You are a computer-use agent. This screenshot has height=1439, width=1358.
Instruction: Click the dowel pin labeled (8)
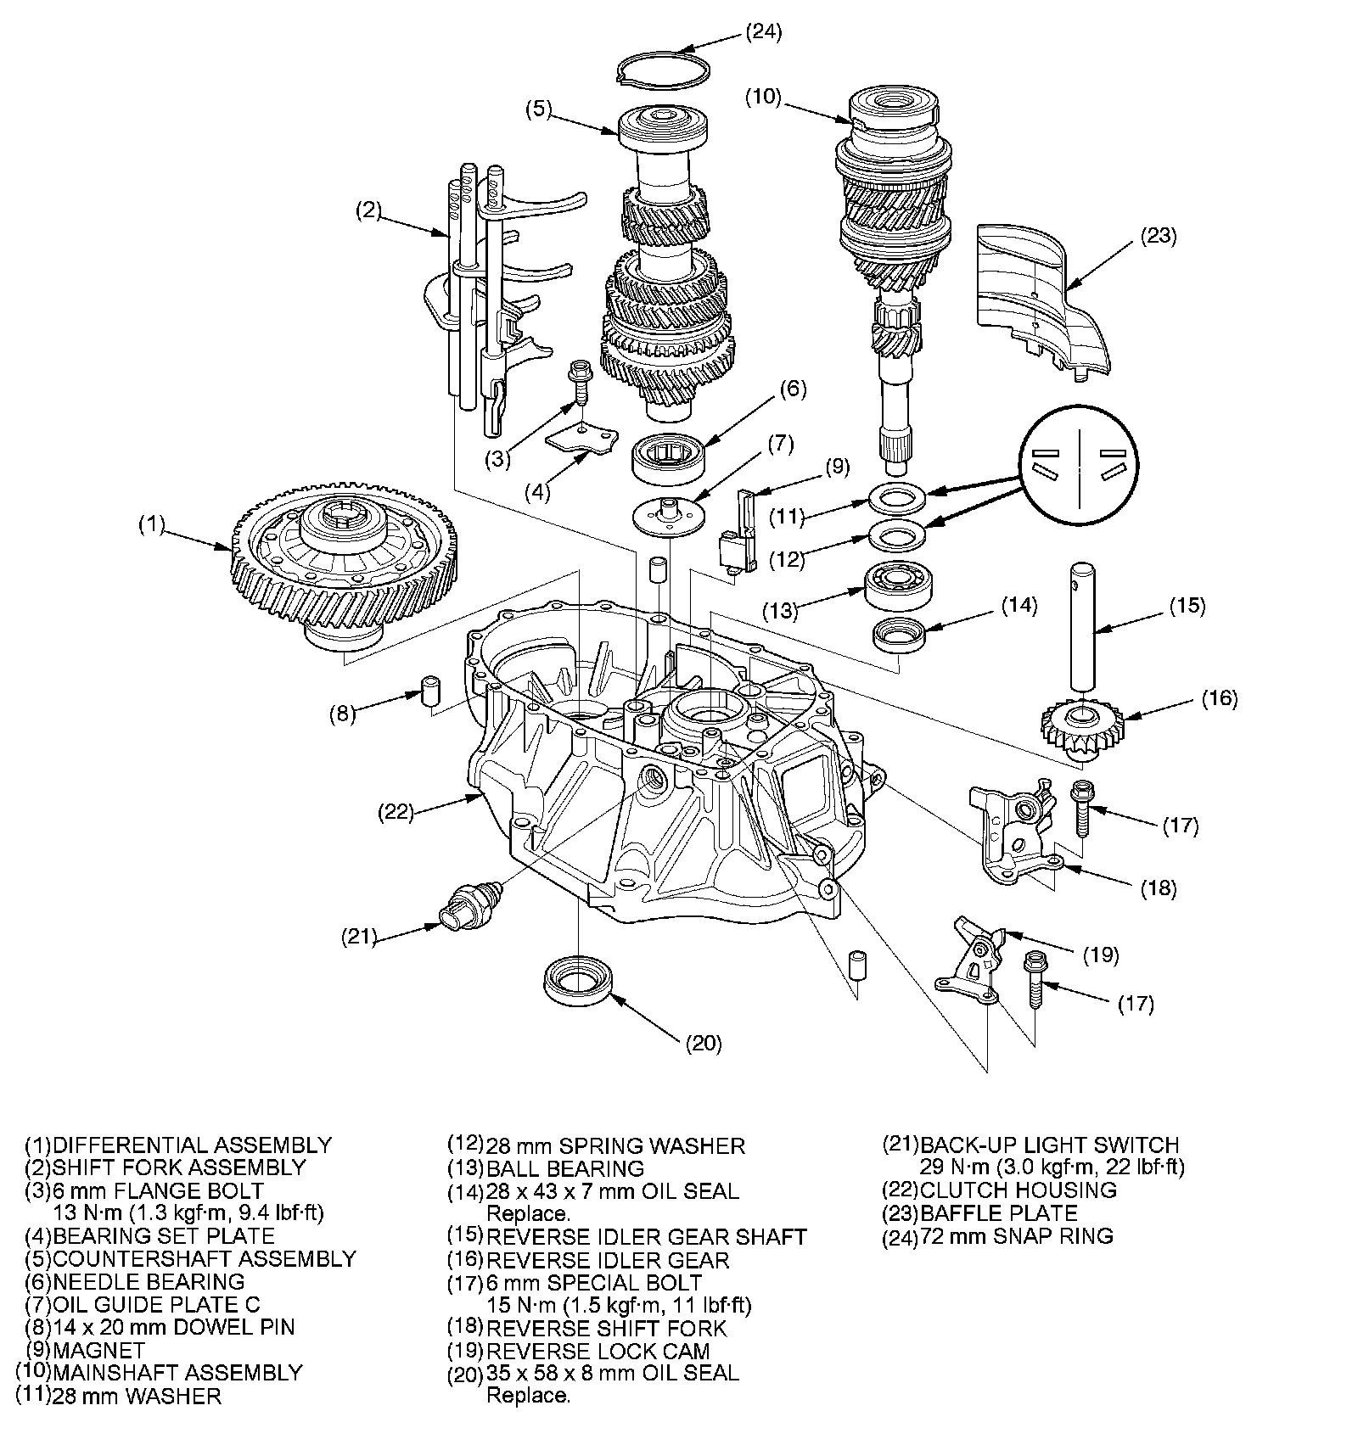pyautogui.click(x=432, y=691)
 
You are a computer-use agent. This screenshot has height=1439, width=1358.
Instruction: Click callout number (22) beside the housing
pyautogui.click(x=396, y=812)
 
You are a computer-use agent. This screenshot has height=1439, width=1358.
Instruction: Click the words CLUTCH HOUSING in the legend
pyautogui.click(x=1018, y=1190)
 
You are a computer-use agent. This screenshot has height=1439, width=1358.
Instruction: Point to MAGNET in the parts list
pyautogui.click(x=98, y=1350)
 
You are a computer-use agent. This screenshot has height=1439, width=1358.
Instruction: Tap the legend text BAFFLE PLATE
pyautogui.click(x=999, y=1213)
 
